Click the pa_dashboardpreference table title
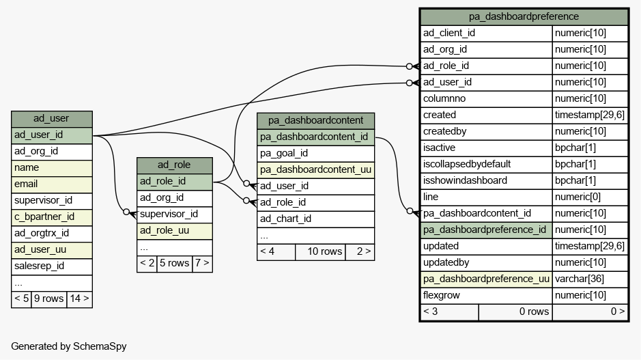[x=524, y=17]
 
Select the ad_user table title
[x=51, y=119]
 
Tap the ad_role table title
[x=174, y=165]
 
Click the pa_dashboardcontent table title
[x=315, y=120]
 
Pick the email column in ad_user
[x=26, y=184]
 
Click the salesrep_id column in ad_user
[x=39, y=266]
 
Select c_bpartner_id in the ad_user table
[x=44, y=217]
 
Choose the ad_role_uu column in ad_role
[x=165, y=231]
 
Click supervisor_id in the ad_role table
[x=169, y=214]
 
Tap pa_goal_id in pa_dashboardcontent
[x=284, y=154]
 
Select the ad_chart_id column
[x=285, y=219]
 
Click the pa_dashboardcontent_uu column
[x=315, y=170]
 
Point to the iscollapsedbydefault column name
[x=467, y=165]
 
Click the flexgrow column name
[x=442, y=295]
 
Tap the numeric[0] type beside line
[x=578, y=197]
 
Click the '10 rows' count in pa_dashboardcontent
[x=324, y=251]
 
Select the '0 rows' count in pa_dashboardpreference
[x=534, y=311]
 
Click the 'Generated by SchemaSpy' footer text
[x=69, y=346]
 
